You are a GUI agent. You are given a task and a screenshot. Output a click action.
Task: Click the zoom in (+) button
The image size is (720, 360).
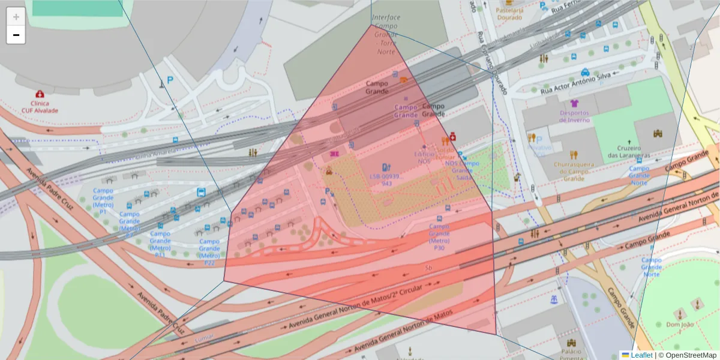pyautogui.click(x=16, y=16)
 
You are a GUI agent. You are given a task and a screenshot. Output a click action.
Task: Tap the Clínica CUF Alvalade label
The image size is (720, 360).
pyautogui.click(x=40, y=107)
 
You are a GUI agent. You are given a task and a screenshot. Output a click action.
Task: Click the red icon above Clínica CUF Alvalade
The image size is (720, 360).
pyautogui.click(x=40, y=94)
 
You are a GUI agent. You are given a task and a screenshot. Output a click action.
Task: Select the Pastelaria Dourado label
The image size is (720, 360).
pyautogui.click(x=509, y=14)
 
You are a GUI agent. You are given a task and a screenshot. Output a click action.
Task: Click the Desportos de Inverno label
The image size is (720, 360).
pyautogui.click(x=574, y=116)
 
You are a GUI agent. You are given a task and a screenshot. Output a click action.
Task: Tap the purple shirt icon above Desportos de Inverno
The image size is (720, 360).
pyautogui.click(x=575, y=103)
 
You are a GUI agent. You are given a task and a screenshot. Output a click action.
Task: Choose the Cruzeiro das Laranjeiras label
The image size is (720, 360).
pyautogui.click(x=628, y=152)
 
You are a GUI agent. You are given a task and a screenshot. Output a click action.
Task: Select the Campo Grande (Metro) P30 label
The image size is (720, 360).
pyautogui.click(x=439, y=237)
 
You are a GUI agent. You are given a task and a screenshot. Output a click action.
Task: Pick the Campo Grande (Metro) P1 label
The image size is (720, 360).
pyautogui.click(x=103, y=201)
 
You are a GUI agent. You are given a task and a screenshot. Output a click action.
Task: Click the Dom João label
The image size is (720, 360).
pyautogui.click(x=679, y=325)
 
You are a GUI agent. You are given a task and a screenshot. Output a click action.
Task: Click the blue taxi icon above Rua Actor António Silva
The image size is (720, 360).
pyautogui.click(x=585, y=73)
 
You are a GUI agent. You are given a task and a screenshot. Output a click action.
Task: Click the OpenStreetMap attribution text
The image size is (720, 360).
pyautogui.click(x=691, y=355)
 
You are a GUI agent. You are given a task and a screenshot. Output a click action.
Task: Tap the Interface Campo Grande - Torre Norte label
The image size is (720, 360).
pyautogui.click(x=386, y=35)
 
